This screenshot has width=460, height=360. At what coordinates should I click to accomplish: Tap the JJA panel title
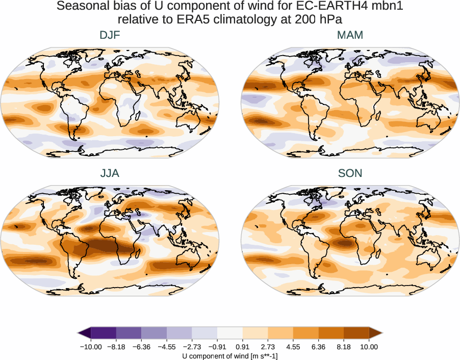(x=110, y=173)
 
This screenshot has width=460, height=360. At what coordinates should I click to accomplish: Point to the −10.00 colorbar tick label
(x=91, y=347)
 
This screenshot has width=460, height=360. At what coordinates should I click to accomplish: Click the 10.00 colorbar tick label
(x=369, y=347)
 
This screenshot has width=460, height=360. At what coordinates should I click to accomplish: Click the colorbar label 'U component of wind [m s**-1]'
(x=229, y=356)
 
